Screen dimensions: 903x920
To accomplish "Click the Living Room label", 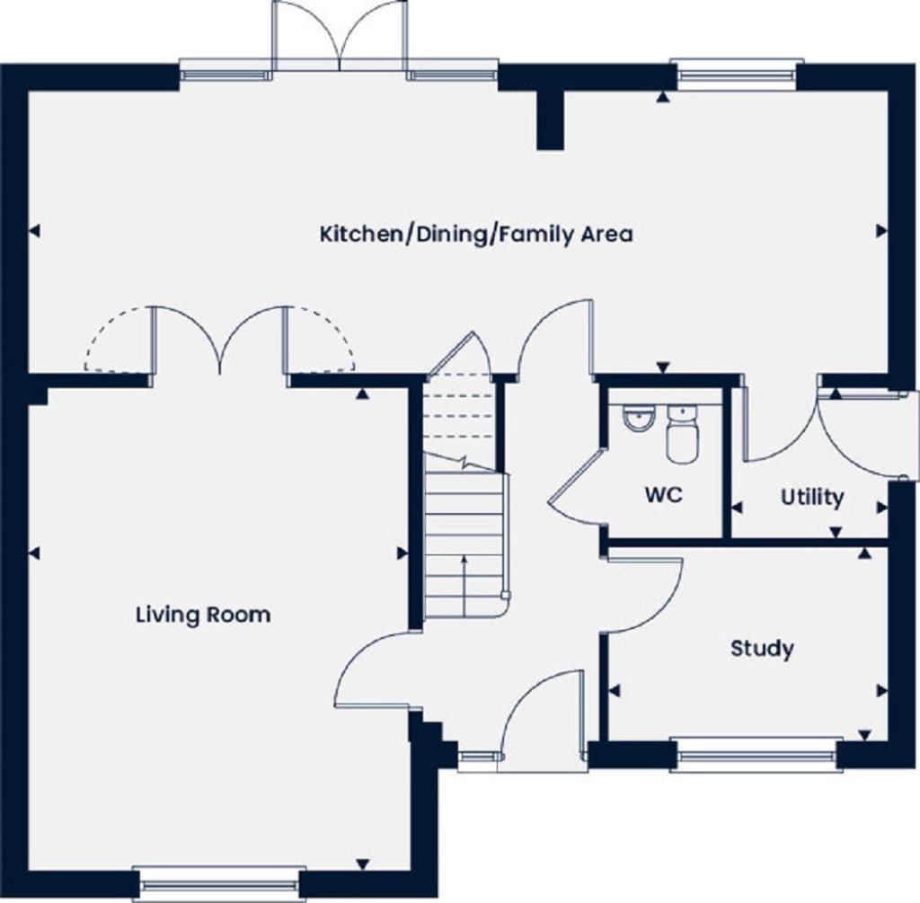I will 203,615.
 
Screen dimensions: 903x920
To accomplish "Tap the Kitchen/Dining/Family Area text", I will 476,235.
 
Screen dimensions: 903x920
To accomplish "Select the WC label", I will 663,495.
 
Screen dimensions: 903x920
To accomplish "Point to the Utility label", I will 812,497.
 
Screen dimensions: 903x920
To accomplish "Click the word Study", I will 762,648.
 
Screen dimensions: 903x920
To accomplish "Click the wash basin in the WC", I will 638,418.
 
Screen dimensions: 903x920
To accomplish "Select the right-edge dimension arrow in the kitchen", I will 881,231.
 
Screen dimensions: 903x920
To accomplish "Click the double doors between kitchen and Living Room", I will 220,340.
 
